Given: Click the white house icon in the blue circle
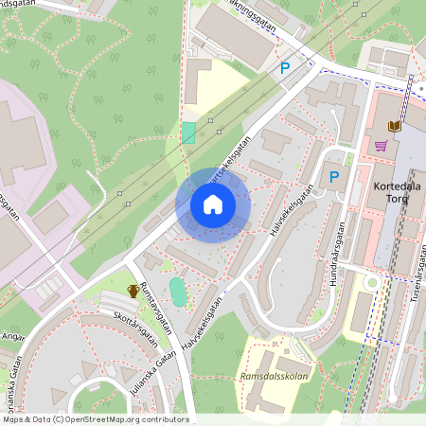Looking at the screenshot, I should point(213,204).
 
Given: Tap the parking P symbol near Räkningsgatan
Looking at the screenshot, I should point(285,68).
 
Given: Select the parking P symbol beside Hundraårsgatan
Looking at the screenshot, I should point(333,176).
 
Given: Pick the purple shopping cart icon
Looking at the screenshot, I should point(381,146).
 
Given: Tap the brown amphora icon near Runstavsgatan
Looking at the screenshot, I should point(133,291).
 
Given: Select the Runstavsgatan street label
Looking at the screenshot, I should point(156,308).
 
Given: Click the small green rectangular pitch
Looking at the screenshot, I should point(188,133).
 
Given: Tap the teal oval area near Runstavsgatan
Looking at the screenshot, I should point(178,292).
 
